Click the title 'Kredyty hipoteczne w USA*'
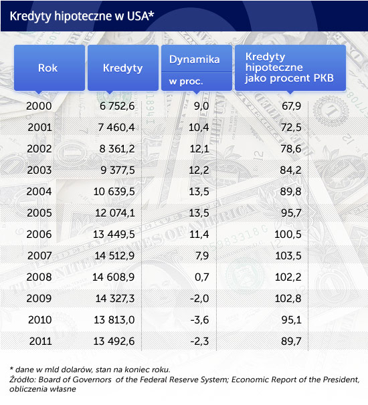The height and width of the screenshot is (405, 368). coord(82,16)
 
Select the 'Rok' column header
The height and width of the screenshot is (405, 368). coord(48,68)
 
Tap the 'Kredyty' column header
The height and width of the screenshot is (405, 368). coord(123,68)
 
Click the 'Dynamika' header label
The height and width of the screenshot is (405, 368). coord(195,59)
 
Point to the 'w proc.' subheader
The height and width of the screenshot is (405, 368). coord(186,82)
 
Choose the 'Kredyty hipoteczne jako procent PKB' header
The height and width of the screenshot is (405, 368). coord(290,67)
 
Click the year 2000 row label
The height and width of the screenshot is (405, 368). coord(39,106)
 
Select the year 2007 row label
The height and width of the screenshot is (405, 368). coord(39,256)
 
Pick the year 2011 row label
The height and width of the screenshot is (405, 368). coord(40,342)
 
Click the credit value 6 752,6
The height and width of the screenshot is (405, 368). coord(117,106)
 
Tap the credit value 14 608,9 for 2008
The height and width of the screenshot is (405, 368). coord(114,277)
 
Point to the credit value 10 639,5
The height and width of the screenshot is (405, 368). coord(114,192)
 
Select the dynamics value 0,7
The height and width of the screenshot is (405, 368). coord(201,277)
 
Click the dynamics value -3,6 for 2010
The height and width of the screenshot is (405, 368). coord(199,320)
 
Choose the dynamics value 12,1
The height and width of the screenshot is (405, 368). coord(199,149)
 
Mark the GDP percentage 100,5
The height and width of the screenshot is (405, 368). coord(288,235)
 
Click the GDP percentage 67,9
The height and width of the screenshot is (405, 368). coord(292,106)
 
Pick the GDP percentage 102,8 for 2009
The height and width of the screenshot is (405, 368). coord(288,299)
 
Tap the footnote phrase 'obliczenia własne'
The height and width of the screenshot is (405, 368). coord(43,389)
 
